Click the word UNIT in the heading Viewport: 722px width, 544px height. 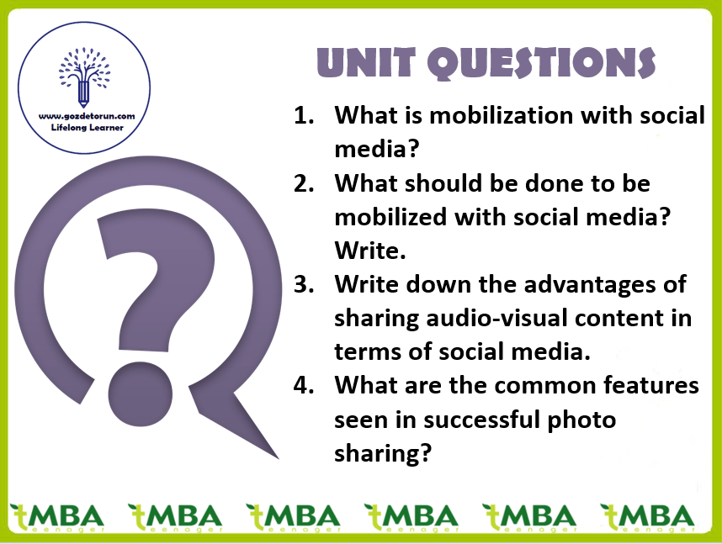(x=367, y=62)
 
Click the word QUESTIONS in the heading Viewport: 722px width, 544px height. (x=542, y=63)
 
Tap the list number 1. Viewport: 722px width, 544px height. (x=304, y=115)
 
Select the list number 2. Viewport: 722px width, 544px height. (x=304, y=183)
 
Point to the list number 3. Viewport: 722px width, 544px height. (x=304, y=284)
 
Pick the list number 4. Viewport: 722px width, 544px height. (x=304, y=385)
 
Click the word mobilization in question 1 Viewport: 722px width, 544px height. (x=502, y=115)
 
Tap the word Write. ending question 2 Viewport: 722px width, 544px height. (x=369, y=251)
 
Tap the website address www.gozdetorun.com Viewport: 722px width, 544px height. (x=87, y=116)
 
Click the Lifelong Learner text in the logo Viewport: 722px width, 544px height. (x=87, y=128)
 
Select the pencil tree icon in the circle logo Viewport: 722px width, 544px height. (x=84, y=77)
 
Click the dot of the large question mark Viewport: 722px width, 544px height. (x=141, y=393)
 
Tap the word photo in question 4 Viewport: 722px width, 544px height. (x=581, y=420)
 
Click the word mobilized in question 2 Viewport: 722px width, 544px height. (x=390, y=217)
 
